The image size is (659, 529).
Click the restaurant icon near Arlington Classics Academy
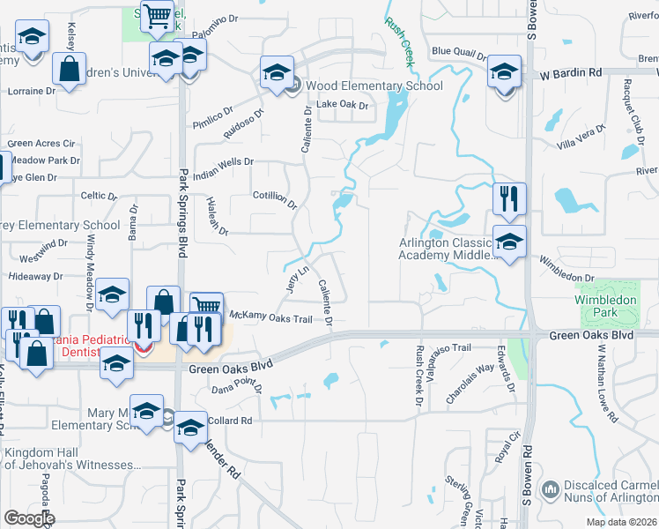pos(509,198)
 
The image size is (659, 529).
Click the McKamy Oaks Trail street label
pos(271,317)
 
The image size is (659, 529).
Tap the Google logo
pos(29,518)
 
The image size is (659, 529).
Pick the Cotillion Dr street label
pos(275,200)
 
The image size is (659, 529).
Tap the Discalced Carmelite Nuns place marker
pos(551,488)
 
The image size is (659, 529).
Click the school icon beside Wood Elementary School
pos(276,72)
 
